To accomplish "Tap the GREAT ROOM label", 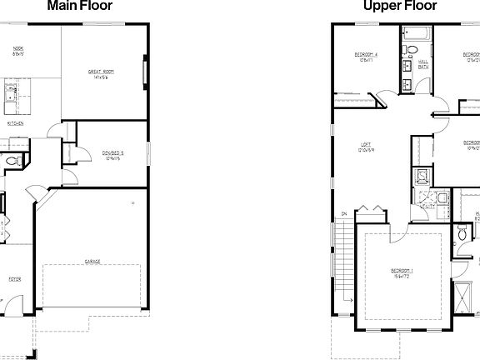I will click(x=101, y=75).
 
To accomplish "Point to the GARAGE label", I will click(x=92, y=262).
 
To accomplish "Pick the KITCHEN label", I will click(x=15, y=123).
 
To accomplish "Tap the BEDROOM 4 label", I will click(x=359, y=57).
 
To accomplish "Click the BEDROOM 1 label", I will click(x=401, y=272).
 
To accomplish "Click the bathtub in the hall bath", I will click(x=414, y=35).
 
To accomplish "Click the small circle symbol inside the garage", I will click(x=132, y=202).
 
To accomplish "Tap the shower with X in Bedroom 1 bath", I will click(x=461, y=296).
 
